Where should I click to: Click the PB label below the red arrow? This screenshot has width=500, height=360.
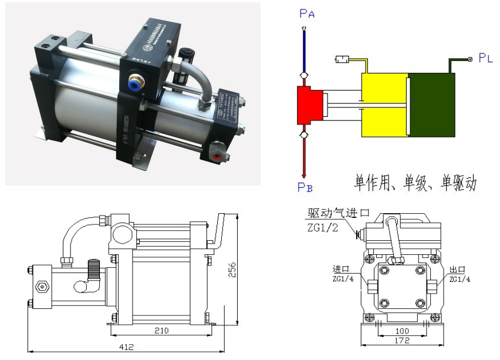305,187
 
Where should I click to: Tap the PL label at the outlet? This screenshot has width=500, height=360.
485,58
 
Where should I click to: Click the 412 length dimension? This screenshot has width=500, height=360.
126,347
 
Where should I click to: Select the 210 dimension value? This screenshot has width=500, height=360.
161,331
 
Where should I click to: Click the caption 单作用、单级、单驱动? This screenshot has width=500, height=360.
414,183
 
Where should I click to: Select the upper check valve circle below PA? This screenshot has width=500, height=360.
304,76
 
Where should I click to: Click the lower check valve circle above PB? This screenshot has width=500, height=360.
304,136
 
